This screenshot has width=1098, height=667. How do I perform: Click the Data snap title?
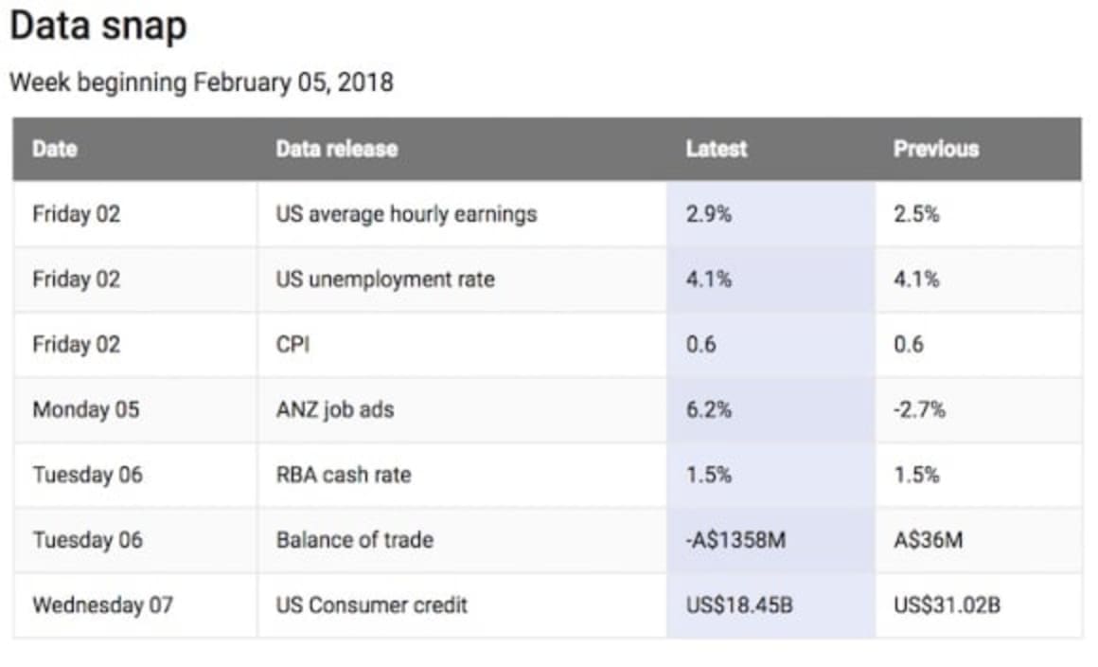98,26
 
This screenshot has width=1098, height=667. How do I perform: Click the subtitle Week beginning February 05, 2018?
201,82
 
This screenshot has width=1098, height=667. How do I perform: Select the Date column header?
55,149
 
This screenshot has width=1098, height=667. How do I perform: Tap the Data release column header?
336,149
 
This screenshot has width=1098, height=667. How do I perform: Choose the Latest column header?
717,149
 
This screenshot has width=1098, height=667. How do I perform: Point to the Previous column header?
935,149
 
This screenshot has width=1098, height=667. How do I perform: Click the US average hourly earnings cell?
406,214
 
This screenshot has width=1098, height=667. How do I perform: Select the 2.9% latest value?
709,214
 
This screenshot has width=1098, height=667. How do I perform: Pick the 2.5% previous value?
916,214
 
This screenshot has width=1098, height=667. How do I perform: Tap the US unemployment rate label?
384,279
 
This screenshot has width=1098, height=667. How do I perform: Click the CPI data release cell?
292,345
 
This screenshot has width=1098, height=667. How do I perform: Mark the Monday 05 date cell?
85,409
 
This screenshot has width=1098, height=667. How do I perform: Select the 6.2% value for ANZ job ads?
709,409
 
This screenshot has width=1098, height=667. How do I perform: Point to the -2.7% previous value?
919,409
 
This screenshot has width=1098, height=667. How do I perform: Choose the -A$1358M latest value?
735,540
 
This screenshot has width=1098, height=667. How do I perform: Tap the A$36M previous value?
928,540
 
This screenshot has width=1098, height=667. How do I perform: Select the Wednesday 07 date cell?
102,604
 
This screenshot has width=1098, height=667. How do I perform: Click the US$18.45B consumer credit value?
739,604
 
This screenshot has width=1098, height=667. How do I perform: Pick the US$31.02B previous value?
947,604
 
